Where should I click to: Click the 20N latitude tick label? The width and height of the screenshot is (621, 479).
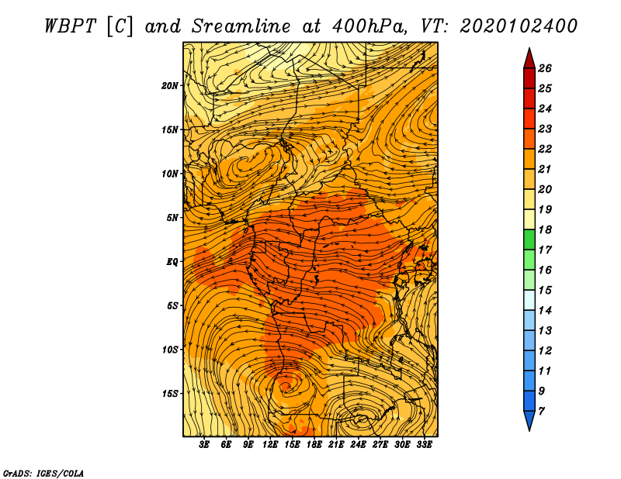point(170,86)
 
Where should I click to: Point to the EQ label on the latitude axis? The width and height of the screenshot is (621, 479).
point(172,262)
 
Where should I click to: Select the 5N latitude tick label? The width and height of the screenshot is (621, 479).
point(172,218)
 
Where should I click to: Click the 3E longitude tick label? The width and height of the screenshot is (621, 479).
point(204,445)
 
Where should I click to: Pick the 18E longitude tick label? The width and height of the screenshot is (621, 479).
point(314,445)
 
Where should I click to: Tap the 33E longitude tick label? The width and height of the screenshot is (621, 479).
point(424,445)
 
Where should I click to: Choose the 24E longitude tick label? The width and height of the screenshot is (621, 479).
point(358,445)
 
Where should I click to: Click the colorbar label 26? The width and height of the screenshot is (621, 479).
point(545,68)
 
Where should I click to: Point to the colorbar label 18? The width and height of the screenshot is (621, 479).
point(545,229)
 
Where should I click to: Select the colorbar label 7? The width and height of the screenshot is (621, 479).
point(541,412)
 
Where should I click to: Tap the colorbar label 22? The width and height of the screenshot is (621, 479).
point(545,149)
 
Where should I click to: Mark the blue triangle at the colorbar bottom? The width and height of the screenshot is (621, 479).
point(529,419)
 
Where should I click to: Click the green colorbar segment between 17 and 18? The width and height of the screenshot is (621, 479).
point(529,239)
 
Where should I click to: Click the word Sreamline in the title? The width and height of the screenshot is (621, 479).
point(241,26)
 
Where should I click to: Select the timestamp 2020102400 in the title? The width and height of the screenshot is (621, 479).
point(519,26)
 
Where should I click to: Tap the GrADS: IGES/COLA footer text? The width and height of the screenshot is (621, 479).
point(43,474)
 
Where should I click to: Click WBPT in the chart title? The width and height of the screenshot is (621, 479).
point(70,26)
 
